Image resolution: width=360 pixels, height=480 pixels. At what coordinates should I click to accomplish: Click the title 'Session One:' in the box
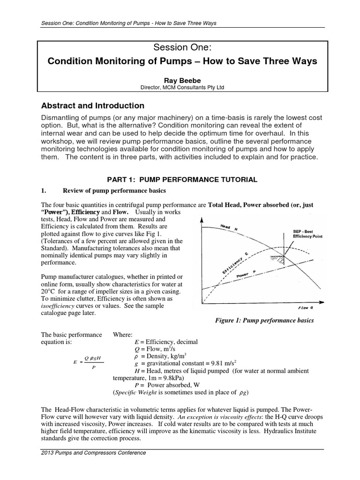180,48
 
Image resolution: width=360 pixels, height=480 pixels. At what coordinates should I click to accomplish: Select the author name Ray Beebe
180,80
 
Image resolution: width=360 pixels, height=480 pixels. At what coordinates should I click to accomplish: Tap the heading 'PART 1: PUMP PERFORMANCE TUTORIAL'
180,180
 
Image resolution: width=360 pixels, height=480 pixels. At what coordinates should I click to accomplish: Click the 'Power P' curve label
247,277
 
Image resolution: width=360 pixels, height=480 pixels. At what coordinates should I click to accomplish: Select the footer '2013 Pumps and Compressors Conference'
94,453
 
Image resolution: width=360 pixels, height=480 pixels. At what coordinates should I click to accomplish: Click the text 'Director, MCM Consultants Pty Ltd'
180,87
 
